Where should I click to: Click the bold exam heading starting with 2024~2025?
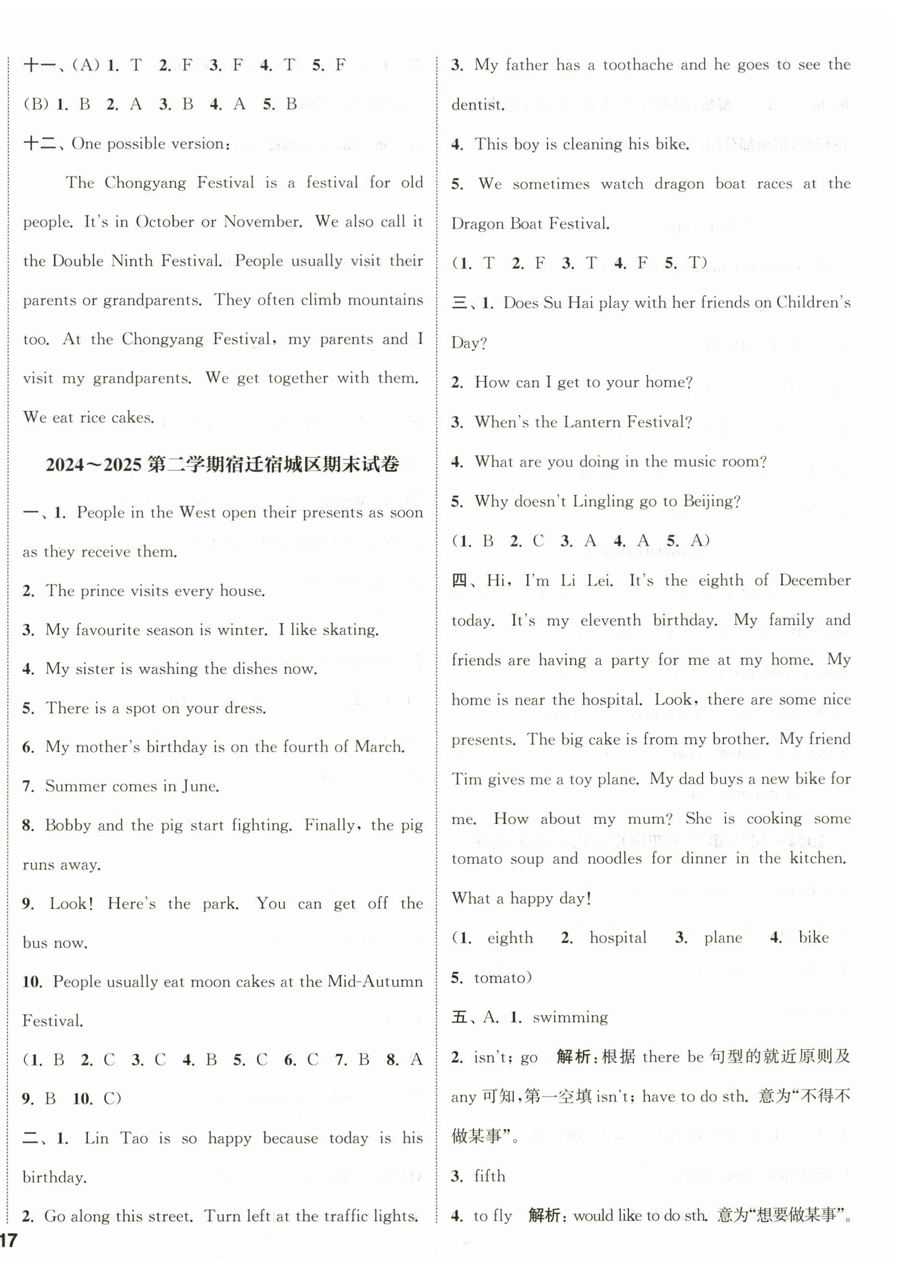click(222, 465)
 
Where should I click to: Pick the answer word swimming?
click(570, 1018)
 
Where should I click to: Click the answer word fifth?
click(490, 1176)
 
